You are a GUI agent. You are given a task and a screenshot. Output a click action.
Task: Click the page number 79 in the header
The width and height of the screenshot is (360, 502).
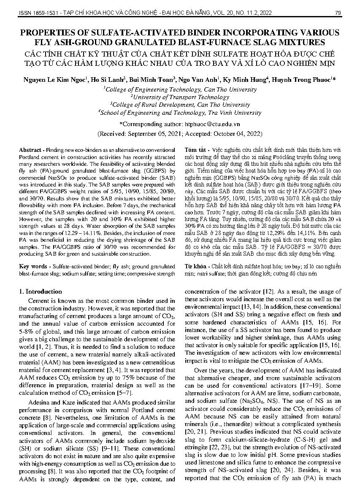point(338,13)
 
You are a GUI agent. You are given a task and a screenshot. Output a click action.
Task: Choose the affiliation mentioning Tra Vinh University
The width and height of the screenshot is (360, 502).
point(180,113)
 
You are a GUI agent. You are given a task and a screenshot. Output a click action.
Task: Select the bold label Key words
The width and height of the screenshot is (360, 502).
point(32,267)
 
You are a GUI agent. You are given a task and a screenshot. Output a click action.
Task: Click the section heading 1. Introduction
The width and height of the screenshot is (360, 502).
point(41,291)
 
